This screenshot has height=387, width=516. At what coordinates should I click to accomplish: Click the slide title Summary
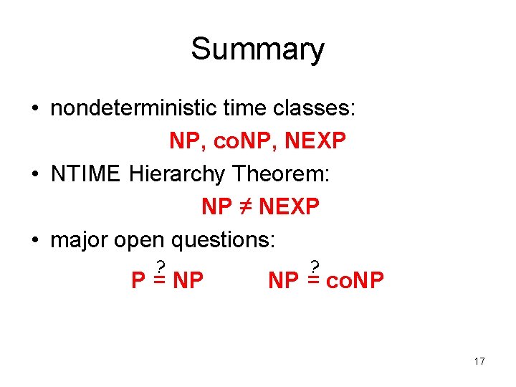[x=257, y=49]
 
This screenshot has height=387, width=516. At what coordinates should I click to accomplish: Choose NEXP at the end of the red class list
[x=315, y=141]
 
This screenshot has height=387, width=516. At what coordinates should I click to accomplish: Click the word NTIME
[x=86, y=174]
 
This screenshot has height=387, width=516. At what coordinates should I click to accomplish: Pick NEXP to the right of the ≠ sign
[x=288, y=207]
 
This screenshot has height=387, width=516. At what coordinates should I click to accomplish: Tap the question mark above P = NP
[x=162, y=266]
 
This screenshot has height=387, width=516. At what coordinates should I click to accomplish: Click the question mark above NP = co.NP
[x=314, y=266]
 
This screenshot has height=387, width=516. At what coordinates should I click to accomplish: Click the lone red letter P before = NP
[x=138, y=280]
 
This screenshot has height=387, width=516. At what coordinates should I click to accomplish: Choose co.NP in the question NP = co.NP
[x=355, y=280]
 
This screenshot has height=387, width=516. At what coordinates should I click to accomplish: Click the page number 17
[x=479, y=361]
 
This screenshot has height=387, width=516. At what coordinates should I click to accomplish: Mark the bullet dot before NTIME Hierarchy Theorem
[x=34, y=175]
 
